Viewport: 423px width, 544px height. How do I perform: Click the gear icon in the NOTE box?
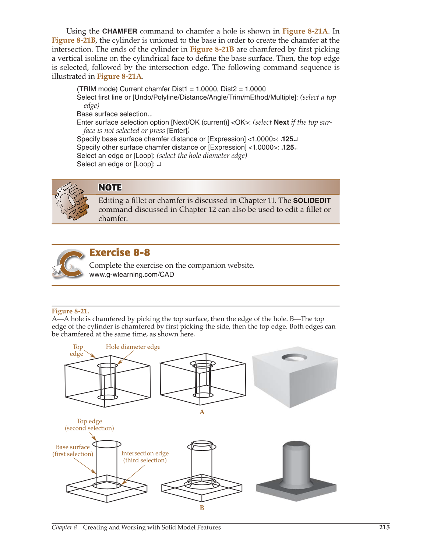point(72,202)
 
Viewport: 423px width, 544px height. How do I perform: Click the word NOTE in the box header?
point(110,188)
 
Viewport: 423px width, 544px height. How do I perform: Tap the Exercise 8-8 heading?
point(120,252)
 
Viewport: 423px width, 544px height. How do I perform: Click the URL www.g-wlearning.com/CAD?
point(131,274)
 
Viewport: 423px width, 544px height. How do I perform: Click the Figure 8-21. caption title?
point(70,311)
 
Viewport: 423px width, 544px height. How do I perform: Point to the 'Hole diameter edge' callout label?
point(133,347)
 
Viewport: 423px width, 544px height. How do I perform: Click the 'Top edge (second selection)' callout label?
point(89,424)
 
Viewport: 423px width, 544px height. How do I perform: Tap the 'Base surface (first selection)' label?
point(73,450)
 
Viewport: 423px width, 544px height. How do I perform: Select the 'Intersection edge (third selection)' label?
point(145,457)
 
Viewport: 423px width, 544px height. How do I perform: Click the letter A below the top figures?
point(202,412)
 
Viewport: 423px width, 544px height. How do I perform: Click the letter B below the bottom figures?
point(202,508)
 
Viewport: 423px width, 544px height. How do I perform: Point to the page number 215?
point(384,527)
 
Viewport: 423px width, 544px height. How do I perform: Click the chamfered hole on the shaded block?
point(294,357)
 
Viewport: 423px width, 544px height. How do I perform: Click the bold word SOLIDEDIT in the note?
point(311,200)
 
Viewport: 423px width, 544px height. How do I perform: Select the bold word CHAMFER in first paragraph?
point(120,31)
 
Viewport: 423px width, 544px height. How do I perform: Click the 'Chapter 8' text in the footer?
point(64,527)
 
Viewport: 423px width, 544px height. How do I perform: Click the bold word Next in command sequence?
point(281,122)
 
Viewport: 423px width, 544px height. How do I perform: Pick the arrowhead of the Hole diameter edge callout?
point(119,363)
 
